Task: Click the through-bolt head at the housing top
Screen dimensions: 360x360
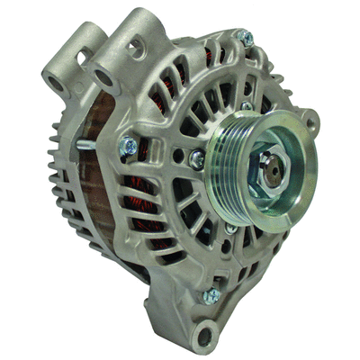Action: point(244,38)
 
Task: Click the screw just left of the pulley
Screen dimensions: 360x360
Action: point(196,159)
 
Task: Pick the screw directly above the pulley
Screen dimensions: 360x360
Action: point(247,107)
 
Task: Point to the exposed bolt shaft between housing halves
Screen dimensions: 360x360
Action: point(85,143)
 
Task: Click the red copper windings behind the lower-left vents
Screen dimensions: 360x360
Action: point(148,216)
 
